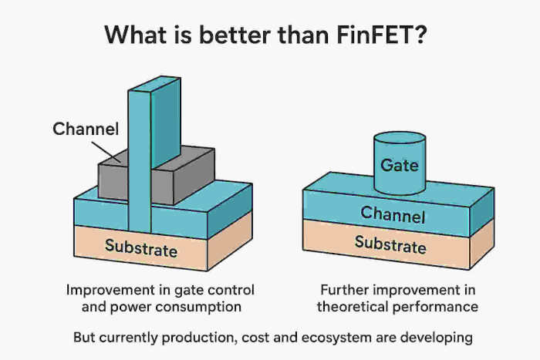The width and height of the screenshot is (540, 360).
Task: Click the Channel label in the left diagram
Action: pyautogui.click(x=86, y=129)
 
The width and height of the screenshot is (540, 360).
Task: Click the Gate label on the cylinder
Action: pyautogui.click(x=400, y=165)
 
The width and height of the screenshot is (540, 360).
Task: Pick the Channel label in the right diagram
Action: pyautogui.click(x=393, y=213)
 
